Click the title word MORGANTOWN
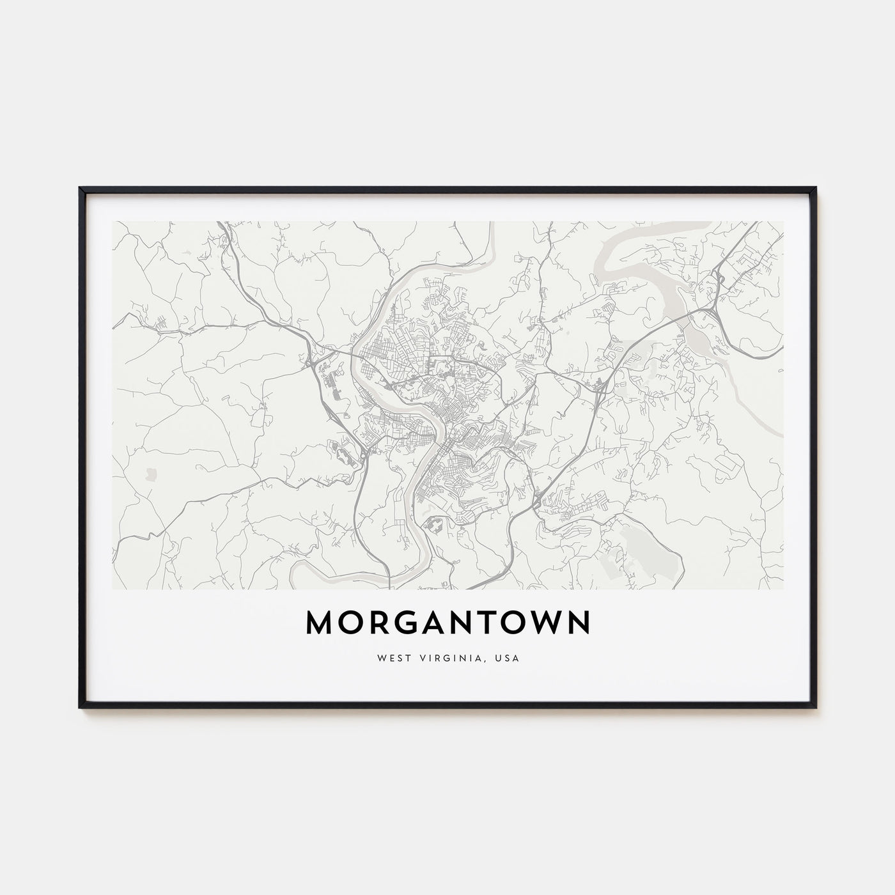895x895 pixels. [447, 623]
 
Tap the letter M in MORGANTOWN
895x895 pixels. [319, 623]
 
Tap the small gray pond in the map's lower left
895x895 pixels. [151, 474]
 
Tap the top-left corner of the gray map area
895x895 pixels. [113, 222]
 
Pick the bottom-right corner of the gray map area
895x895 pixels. [782, 588]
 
